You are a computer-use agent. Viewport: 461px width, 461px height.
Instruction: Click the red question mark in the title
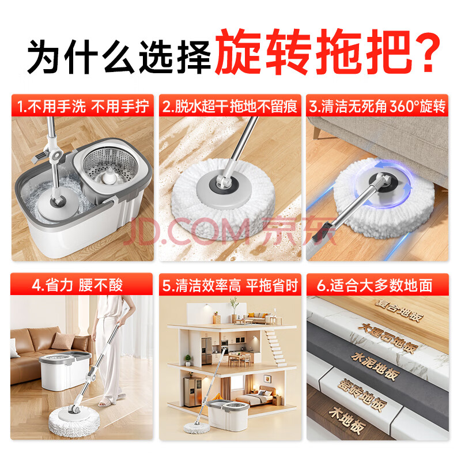point(426,51)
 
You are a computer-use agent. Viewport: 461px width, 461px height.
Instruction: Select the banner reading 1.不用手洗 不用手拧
point(82,105)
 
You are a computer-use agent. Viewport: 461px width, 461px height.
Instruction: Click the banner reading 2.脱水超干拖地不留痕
point(230,105)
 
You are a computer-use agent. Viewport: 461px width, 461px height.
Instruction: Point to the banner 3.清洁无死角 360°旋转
point(377,105)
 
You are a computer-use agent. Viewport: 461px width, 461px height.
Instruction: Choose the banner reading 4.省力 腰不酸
point(82,284)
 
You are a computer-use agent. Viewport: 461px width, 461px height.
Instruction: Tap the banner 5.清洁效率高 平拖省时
point(230,285)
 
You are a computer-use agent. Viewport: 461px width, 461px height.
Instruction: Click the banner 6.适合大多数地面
point(377,285)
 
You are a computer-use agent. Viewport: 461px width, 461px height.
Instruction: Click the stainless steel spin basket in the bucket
point(111,168)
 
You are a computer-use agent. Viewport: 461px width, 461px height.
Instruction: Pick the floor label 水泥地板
point(376,366)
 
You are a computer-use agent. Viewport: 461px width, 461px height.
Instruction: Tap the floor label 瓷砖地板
point(362,395)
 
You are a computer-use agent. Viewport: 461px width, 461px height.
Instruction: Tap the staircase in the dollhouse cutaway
point(274,347)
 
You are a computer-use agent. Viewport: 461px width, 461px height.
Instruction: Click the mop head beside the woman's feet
point(74,423)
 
